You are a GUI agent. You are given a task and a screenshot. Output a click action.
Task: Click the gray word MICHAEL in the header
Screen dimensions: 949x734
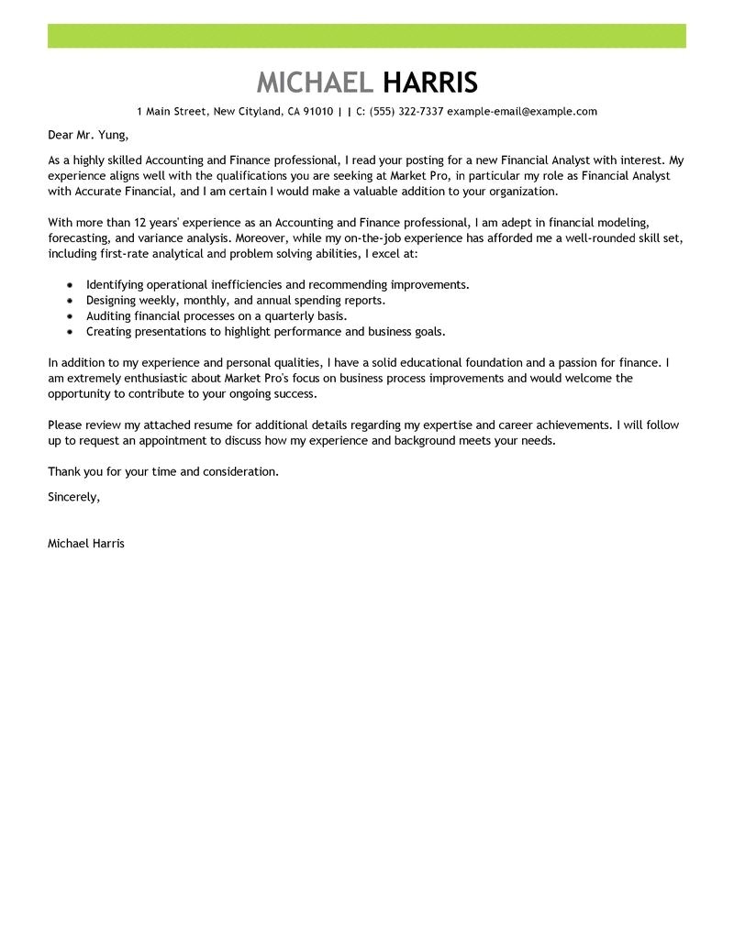(x=315, y=83)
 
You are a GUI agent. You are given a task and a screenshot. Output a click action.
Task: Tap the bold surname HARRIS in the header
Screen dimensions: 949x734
(x=429, y=83)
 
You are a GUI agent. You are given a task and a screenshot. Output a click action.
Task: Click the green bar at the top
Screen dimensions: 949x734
(x=367, y=36)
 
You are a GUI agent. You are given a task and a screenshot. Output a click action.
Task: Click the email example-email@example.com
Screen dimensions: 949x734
(x=522, y=112)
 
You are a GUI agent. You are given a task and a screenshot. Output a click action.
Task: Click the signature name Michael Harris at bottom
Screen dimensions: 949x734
(x=85, y=543)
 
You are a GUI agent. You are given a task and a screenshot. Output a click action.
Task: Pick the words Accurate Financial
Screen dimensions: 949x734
(x=118, y=192)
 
